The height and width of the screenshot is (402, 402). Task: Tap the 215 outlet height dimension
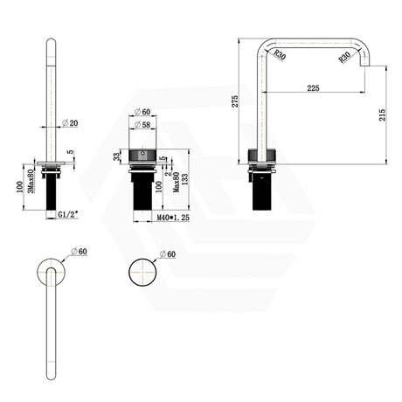tap(383, 114)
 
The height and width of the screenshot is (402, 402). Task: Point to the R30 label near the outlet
tap(344, 58)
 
